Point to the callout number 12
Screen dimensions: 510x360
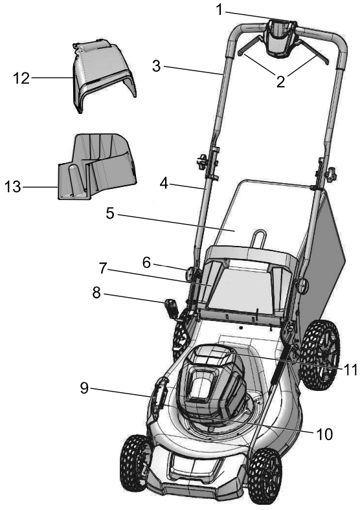coord(22,78)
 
